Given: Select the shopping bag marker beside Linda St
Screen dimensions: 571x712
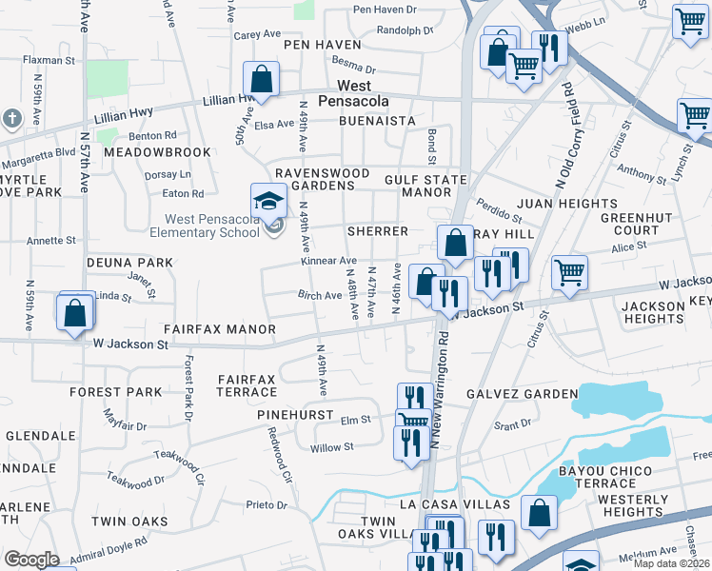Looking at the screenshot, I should coord(74,313).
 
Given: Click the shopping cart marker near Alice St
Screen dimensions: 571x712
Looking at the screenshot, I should coord(569,272).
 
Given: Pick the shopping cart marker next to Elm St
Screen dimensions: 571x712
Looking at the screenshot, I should coord(413,422).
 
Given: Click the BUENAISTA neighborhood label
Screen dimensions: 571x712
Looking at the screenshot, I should coord(378,122).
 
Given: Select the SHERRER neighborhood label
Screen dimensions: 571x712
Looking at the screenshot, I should coord(377,231).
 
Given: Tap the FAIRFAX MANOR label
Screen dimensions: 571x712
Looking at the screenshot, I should coord(220,329).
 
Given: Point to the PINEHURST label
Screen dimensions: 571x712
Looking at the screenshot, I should coord(294,416).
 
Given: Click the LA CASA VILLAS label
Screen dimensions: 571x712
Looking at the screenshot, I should coord(454,503).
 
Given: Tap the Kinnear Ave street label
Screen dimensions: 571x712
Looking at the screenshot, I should coord(327,260).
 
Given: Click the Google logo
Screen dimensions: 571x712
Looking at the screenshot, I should coord(31,559).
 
